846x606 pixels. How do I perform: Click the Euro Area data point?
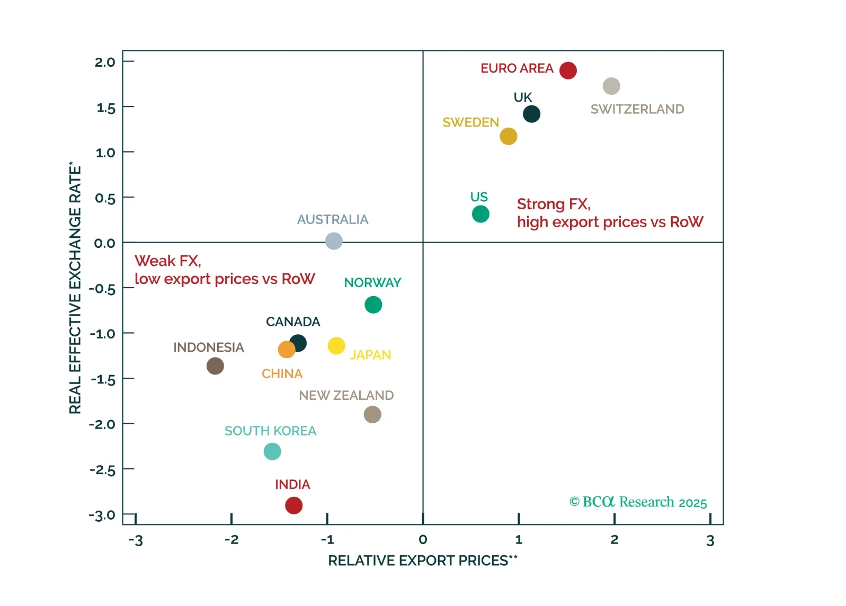click(568, 70)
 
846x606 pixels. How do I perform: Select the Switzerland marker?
click(611, 86)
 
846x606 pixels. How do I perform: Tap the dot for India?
click(293, 505)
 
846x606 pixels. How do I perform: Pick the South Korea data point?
click(272, 451)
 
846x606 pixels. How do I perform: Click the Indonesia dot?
click(215, 366)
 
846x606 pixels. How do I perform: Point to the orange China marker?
click(286, 350)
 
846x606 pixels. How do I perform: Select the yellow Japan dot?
click(336, 346)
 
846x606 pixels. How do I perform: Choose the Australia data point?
click(334, 241)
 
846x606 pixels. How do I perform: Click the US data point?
click(480, 214)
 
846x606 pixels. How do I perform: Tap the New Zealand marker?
click(372, 414)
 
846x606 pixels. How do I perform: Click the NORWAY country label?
click(372, 283)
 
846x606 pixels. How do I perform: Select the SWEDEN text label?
click(470, 122)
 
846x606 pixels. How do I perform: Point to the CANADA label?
click(293, 322)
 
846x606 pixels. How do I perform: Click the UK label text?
click(522, 97)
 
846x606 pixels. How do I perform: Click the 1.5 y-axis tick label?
click(105, 108)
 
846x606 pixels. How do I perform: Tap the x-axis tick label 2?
click(614, 540)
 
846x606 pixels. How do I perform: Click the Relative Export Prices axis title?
click(422, 560)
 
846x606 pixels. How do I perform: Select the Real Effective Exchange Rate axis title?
click(75, 289)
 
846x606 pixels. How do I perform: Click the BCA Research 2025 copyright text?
click(638, 502)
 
